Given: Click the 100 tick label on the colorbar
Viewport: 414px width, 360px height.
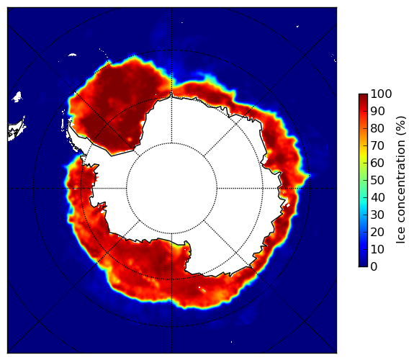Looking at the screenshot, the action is (x=381, y=94).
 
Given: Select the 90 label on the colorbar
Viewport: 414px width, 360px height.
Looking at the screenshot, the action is (x=377, y=111).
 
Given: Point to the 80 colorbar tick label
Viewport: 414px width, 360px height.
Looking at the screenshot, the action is (x=377, y=128).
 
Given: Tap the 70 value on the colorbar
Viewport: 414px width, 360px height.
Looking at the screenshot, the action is (x=377, y=145).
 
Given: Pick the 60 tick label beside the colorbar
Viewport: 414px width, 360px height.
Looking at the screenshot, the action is (x=377, y=163).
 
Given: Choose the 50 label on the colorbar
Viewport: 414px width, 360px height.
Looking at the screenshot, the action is (x=377, y=180).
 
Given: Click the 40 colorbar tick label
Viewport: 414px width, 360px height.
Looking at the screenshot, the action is (x=377, y=197).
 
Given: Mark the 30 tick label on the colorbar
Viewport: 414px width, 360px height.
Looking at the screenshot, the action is (x=377, y=215).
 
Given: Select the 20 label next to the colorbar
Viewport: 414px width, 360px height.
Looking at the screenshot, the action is (x=377, y=232).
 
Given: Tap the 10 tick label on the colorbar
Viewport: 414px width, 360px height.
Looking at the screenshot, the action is (x=377, y=249).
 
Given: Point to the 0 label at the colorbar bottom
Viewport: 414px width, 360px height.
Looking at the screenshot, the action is (x=374, y=266).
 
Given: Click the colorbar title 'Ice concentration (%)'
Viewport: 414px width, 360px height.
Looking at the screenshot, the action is (x=401, y=180).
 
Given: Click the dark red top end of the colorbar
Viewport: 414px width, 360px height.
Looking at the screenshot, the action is (x=363, y=96).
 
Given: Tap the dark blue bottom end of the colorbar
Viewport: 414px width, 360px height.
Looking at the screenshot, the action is (x=363, y=265).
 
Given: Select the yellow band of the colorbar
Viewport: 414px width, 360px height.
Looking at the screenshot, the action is (x=363, y=156).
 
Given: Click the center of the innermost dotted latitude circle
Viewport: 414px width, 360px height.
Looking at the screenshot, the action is (x=171, y=189).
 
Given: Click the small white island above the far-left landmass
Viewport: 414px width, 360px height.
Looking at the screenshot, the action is (x=17, y=96).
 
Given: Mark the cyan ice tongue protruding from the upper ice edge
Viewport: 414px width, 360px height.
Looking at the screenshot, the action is (x=208, y=77).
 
